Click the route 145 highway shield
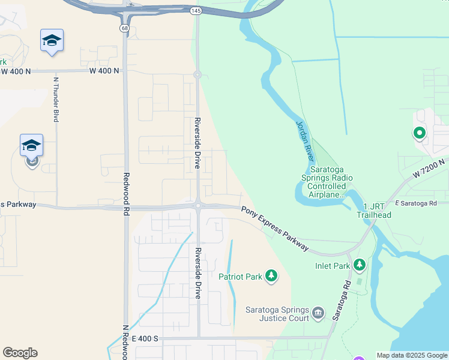point(196,11)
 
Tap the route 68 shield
point(124,28)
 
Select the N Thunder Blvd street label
point(56,99)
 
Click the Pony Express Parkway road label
point(276,229)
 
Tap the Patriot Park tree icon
point(272,276)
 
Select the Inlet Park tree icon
point(359,265)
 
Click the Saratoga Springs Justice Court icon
point(318,313)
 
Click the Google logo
point(20,353)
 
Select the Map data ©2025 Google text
point(412,355)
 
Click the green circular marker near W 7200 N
point(418,133)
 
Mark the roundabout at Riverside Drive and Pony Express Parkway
point(197,206)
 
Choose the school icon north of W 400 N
point(52,40)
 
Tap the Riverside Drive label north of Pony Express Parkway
point(197,143)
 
